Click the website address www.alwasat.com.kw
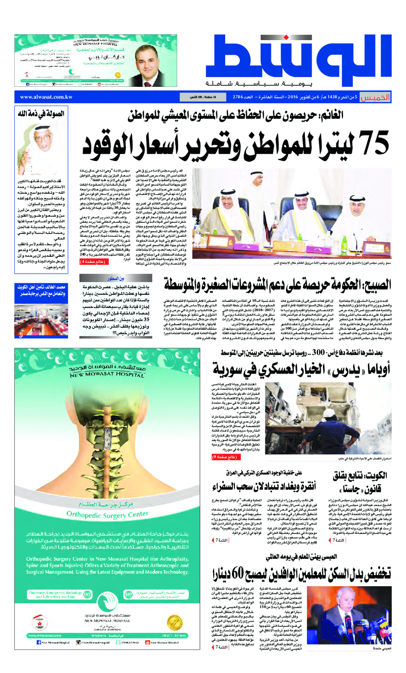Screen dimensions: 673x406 [49, 96]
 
